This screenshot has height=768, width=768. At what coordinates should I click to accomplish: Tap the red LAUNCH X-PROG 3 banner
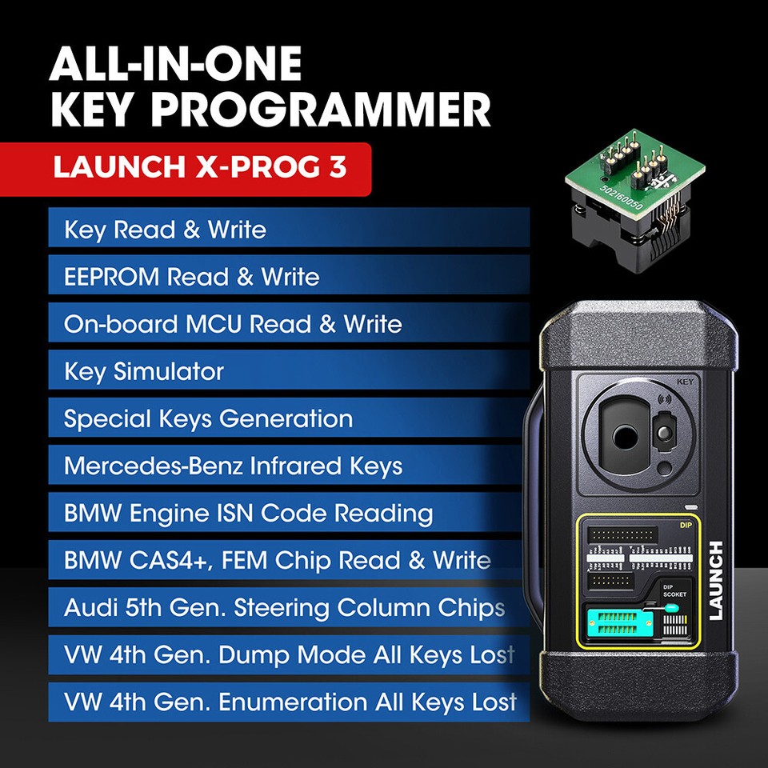pos(200,170)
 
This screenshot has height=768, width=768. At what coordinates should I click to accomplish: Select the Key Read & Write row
pos(288,230)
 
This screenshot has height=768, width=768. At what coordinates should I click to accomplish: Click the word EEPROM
pos(112,278)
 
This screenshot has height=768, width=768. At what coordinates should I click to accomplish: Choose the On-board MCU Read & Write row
pos(288,325)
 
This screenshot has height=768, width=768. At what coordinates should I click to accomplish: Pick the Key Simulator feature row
pos(288,372)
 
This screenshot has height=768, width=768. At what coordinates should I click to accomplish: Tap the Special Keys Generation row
pos(288,419)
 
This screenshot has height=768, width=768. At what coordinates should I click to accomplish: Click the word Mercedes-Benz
pos(153,466)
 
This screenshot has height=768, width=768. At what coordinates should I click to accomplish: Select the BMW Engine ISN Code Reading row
pos(288,514)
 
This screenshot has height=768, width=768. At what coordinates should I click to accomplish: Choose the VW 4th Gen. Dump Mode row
pos(288,655)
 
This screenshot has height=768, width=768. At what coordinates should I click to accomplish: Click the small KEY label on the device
pos(684,382)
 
